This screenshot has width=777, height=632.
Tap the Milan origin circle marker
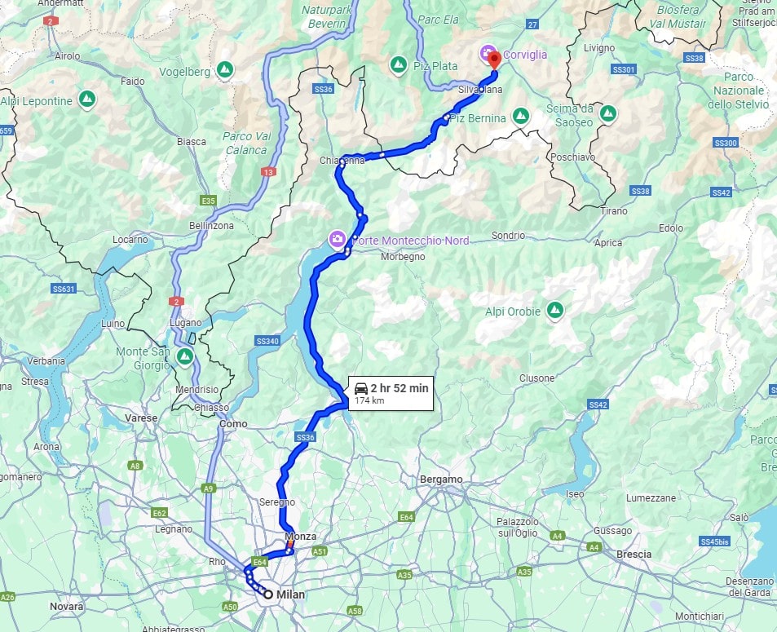(x=267, y=594)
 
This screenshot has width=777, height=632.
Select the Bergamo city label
(x=442, y=479)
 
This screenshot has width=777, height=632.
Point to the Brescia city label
(x=634, y=554)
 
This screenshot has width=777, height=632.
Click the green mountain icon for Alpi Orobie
(x=555, y=310)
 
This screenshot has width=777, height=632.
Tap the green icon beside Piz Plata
(x=398, y=65)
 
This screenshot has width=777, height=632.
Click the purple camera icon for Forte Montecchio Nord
(x=336, y=239)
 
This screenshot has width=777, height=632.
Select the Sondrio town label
(x=508, y=236)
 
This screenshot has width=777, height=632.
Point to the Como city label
(x=233, y=424)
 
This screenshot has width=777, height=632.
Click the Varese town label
(x=141, y=418)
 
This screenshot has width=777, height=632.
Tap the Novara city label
(x=67, y=607)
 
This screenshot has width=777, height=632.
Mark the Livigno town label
(x=599, y=48)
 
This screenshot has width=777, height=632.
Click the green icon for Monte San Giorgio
(x=185, y=356)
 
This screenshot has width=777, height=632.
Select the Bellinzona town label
(x=210, y=226)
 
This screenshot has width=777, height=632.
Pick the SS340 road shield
(x=267, y=341)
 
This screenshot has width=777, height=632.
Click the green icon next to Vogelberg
(x=225, y=71)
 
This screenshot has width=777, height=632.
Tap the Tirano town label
(x=614, y=210)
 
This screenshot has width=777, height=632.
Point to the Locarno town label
(x=130, y=240)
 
